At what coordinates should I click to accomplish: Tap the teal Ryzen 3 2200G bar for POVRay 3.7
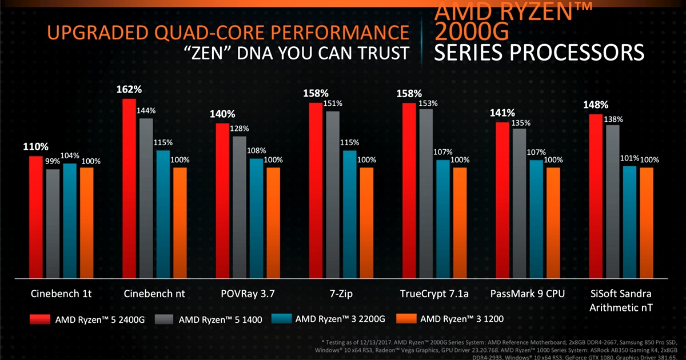pos(256,217)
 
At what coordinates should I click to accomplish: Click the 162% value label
pos(129,90)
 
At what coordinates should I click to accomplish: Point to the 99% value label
pos(53,162)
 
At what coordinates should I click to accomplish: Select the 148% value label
pos(596,105)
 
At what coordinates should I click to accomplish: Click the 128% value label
pos(240,128)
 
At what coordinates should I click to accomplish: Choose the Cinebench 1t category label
pos(61,294)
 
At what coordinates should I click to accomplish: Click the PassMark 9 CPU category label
pos(528,294)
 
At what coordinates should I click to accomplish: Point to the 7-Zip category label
pos(341,294)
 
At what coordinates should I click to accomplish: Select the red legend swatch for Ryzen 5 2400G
pos(39,318)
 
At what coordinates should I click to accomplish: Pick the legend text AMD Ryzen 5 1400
pos(221,319)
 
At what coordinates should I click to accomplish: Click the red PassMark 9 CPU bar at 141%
pos(502,200)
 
